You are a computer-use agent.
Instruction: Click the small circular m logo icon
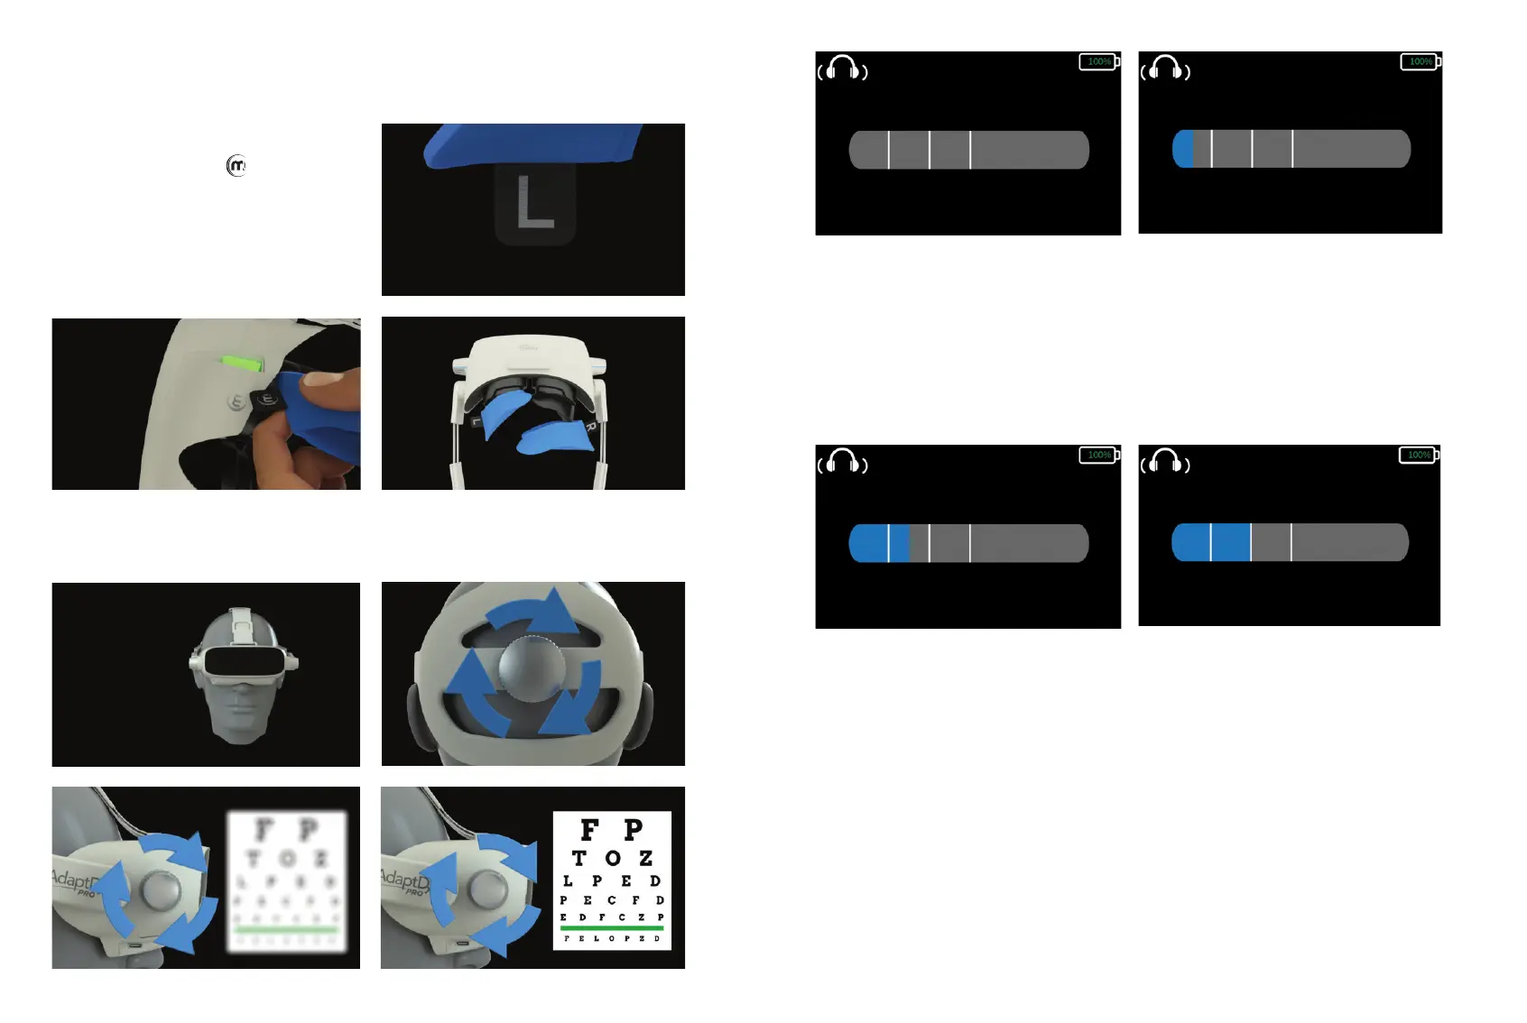pyautogui.click(x=236, y=166)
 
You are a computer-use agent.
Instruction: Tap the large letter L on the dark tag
pyautogui.click(x=534, y=202)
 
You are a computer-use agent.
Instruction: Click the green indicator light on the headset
pyautogui.click(x=243, y=364)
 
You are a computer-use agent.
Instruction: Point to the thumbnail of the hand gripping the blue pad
pyautogui.click(x=206, y=404)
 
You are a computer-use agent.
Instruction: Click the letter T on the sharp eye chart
pyautogui.click(x=579, y=858)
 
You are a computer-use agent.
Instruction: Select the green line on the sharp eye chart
pyautogui.click(x=611, y=927)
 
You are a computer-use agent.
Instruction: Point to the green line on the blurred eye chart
pyautogui.click(x=286, y=929)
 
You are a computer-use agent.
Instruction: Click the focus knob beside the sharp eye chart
pyautogui.click(x=486, y=887)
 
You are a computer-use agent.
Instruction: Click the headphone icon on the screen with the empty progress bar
pyautogui.click(x=843, y=69)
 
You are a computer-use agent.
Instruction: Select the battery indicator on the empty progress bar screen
pyautogui.click(x=1099, y=61)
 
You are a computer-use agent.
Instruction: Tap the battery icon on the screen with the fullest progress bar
pyautogui.click(x=1419, y=455)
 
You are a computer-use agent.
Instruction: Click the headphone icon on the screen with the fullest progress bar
pyautogui.click(x=1165, y=462)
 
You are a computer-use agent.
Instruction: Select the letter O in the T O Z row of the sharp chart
pyautogui.click(x=613, y=858)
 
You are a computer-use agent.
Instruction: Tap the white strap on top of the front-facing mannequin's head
pyautogui.click(x=239, y=622)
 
